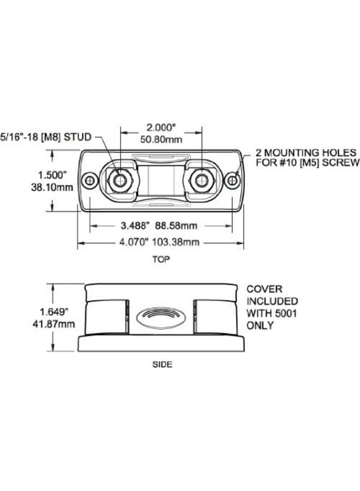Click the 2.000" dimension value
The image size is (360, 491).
pyautogui.click(x=160, y=128)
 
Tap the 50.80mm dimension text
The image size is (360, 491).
pyautogui.click(x=161, y=139)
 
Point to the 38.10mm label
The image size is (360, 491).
pyautogui.click(x=52, y=187)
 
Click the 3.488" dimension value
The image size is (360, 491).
pyautogui.click(x=133, y=225)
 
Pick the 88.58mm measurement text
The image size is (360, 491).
pyautogui.click(x=176, y=225)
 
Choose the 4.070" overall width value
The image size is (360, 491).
pyautogui.click(x=134, y=242)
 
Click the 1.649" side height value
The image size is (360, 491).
pyautogui.click(x=54, y=312)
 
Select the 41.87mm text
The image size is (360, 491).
pyautogui.click(x=54, y=324)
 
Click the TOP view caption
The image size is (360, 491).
pyautogui.click(x=161, y=259)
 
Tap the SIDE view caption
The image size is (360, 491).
pyautogui.click(x=162, y=364)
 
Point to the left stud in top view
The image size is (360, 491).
pyautogui.click(x=120, y=180)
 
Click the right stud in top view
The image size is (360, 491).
pyautogui.click(x=202, y=181)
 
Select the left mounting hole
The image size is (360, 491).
pyautogui.click(x=89, y=181)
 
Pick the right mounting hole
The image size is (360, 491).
pyautogui.click(x=232, y=181)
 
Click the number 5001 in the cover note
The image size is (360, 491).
pyautogui.click(x=285, y=314)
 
